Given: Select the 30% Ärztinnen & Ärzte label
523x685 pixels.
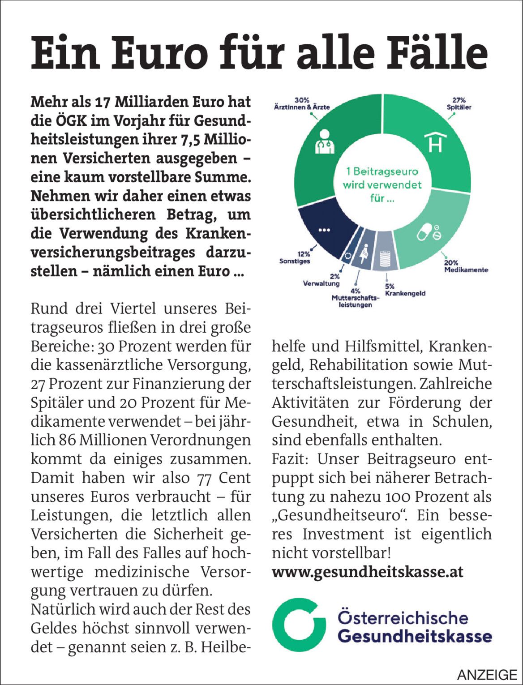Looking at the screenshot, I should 301,104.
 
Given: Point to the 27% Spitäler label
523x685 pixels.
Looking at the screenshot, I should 459,104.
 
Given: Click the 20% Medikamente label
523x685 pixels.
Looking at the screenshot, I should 466,266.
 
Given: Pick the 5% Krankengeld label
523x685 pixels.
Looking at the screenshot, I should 404,290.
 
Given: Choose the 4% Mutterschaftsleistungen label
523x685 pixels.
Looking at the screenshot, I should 355,298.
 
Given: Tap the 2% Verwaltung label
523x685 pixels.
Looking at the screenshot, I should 322,280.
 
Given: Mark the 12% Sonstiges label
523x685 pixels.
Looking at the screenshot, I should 295,257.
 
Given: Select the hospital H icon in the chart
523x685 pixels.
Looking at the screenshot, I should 435,141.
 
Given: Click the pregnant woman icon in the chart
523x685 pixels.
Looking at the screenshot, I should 364,254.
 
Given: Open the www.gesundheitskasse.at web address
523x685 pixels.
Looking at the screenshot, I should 367,572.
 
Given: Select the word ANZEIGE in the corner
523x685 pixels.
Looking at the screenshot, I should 487,674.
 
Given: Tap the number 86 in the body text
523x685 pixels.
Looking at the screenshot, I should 67,440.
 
